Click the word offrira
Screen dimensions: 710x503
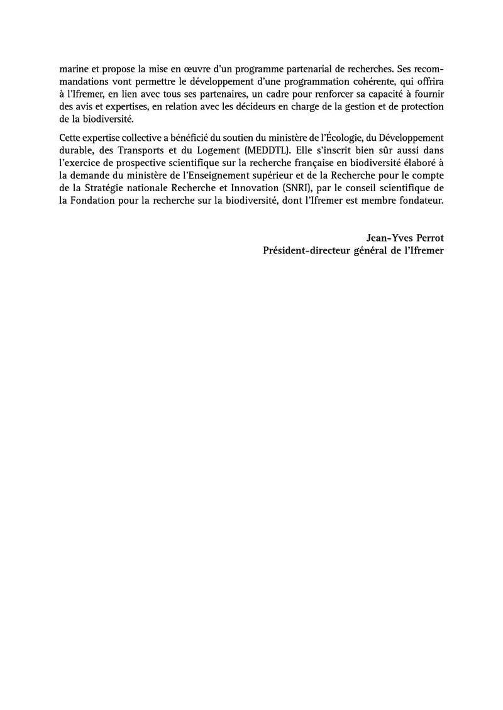tap(428, 80)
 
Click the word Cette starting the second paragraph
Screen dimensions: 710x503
tap(71, 138)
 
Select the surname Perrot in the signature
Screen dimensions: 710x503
tap(428, 237)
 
